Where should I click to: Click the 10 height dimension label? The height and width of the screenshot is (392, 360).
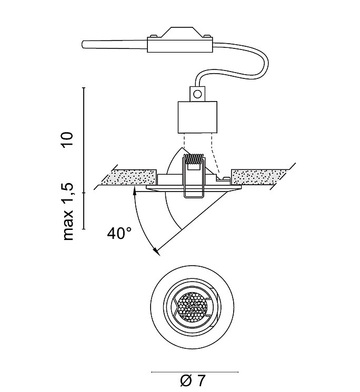tap(68, 139)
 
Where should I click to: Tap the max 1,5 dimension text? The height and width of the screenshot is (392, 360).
tap(68, 212)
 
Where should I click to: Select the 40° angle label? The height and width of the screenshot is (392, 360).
tap(119, 233)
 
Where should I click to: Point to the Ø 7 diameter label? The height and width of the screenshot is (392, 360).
tap(193, 380)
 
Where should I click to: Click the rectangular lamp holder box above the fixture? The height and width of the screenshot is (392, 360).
tap(197, 117)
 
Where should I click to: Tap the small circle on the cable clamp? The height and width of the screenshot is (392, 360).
tap(198, 94)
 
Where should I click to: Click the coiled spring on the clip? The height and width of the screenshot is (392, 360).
tap(195, 159)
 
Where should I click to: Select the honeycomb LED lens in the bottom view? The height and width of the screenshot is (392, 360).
tap(193, 307)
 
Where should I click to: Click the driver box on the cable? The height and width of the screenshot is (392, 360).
tap(180, 45)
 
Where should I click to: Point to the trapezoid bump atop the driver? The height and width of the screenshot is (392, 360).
tap(179, 32)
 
